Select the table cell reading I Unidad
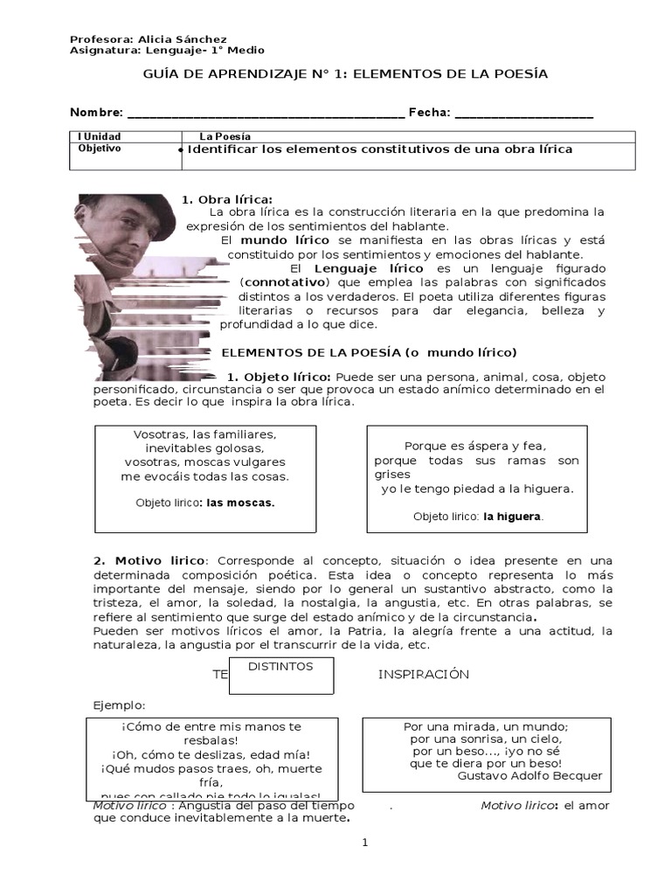pos(100,136)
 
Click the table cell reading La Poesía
pos(225,136)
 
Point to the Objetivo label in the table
pos(100,149)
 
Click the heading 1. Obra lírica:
pos(227,199)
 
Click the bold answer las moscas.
pos(240,503)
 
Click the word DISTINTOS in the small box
pos(280,666)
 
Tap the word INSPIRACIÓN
pos(423,674)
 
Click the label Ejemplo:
pos(119,705)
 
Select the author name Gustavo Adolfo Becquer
pos(529,775)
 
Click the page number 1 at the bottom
pos(365,843)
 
